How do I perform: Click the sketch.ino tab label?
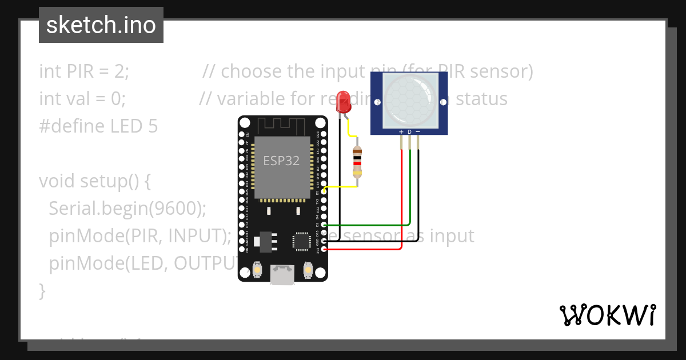[101, 25]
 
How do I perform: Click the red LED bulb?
[344, 102]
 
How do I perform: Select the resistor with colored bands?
[357, 162]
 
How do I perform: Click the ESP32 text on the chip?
[281, 161]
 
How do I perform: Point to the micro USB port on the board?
[282, 275]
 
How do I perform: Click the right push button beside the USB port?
[308, 270]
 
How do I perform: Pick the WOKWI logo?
[607, 315]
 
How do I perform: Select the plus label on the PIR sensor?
[401, 132]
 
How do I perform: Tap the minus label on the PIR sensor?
[418, 132]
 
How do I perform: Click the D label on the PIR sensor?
[409, 132]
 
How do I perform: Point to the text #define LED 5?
[98, 126]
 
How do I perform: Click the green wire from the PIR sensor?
[410, 189]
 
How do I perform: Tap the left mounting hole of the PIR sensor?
[377, 102]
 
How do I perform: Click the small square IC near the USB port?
[301, 241]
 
